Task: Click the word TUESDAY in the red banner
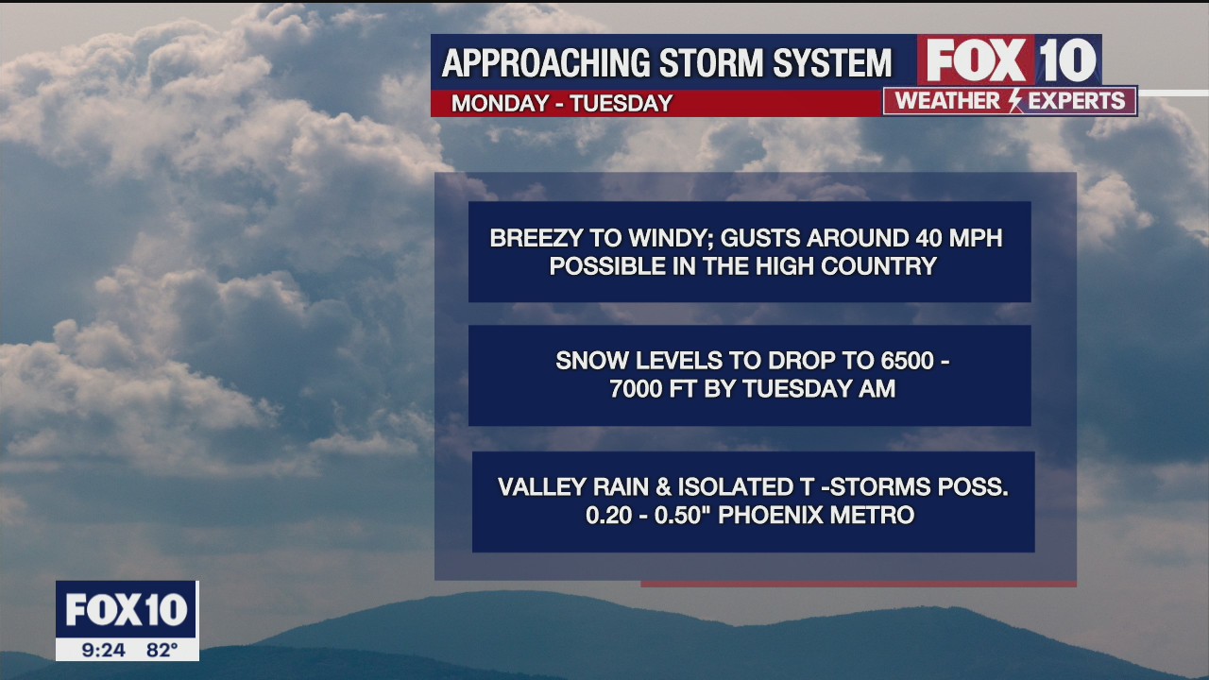point(622,104)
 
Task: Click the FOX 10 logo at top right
point(1009,60)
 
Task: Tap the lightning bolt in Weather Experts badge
point(1015,101)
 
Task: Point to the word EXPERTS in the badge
point(1077,101)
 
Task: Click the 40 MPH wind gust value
point(960,238)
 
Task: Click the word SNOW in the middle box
point(587,361)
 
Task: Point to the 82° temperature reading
point(162,650)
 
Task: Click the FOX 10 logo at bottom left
point(126,610)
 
